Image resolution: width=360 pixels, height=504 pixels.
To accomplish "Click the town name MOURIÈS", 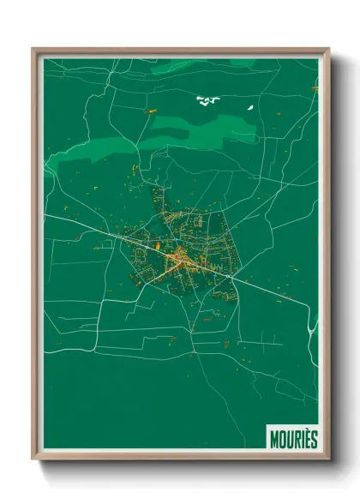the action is click(292, 438).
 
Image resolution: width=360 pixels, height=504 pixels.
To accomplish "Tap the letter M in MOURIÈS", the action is click(273, 438).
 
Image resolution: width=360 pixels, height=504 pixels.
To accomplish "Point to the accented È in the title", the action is click(305, 438).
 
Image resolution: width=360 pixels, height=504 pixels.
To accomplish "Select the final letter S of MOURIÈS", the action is click(313, 438).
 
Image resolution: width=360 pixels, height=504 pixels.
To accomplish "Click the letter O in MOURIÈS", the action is click(281, 438).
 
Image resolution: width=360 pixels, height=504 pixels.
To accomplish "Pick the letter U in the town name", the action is click(288, 438).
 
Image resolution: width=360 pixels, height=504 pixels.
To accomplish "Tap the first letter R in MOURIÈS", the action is click(295, 438).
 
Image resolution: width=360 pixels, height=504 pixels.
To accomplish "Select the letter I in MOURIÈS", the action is click(300, 438).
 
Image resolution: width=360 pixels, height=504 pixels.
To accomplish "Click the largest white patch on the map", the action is click(207, 101).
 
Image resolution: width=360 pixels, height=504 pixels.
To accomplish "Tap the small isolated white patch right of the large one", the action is click(250, 107).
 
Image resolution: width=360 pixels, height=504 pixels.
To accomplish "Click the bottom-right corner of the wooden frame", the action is click(328, 459).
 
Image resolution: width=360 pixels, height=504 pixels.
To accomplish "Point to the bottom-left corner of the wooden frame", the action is click(33, 459).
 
